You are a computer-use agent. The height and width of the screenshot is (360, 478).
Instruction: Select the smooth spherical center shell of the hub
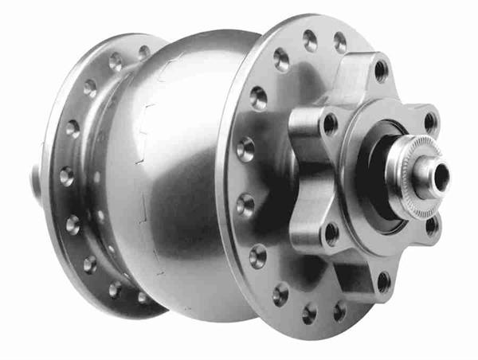187,159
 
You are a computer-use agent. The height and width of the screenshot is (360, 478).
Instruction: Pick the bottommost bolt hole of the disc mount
383,280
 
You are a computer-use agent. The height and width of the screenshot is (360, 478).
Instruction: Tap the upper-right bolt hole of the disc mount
431,121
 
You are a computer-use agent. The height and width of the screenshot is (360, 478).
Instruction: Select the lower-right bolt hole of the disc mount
432,225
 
